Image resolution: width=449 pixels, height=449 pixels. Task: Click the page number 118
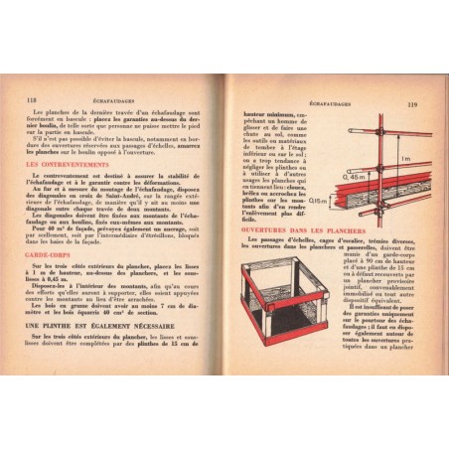pyautogui.click(x=32, y=99)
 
